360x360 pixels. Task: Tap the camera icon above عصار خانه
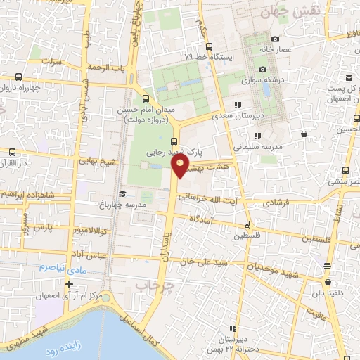click(275, 39)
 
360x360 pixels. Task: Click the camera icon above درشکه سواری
click(262, 69)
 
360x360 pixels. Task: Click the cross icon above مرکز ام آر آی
click(68, 285)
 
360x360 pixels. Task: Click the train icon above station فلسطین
click(246, 224)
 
